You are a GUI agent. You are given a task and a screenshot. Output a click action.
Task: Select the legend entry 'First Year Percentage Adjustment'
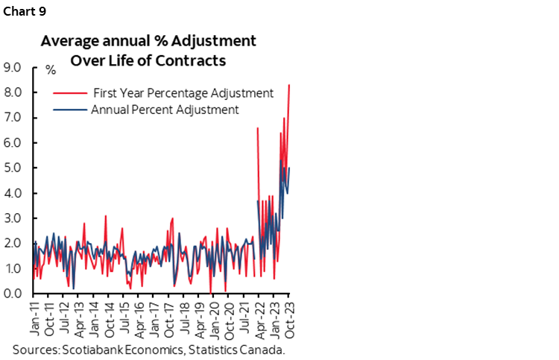pyautogui.click(x=183, y=93)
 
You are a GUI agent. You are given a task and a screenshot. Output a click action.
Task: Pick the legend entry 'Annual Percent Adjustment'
pyautogui.click(x=164, y=109)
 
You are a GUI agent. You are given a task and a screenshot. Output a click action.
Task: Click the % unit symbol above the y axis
pyautogui.click(x=51, y=70)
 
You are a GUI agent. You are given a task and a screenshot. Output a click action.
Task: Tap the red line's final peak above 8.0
pyautogui.click(x=289, y=85)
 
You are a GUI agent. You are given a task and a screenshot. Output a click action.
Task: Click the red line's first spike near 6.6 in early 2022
pyautogui.click(x=257, y=128)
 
